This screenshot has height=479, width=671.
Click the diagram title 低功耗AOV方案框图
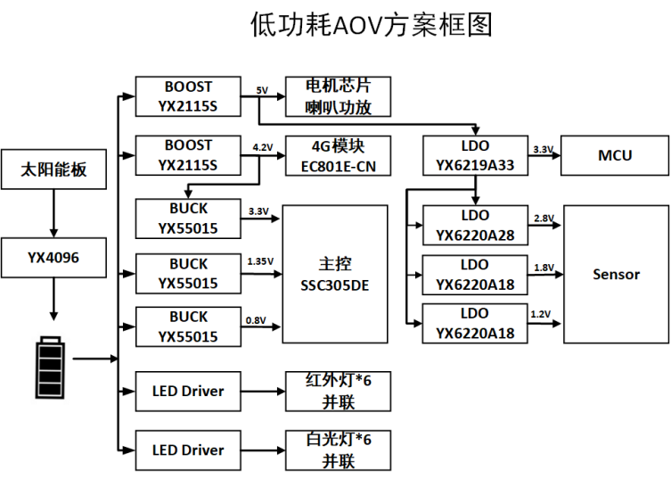[371, 26]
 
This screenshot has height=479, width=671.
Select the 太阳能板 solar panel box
[54, 169]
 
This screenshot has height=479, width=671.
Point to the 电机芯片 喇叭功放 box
[338, 97]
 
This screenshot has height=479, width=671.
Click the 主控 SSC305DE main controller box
[335, 274]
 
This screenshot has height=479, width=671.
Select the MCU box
[614, 155]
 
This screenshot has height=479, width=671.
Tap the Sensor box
[616, 274]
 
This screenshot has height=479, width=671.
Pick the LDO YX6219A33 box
[475, 155]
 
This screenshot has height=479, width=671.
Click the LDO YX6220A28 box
[475, 226]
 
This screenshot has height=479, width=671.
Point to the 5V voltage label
[262, 90]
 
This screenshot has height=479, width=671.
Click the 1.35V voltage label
[258, 261]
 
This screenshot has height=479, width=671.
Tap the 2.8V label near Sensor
[544, 219]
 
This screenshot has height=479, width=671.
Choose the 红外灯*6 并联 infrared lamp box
[338, 392]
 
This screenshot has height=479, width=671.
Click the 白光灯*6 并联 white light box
[338, 450]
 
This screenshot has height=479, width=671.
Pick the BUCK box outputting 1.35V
[188, 274]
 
